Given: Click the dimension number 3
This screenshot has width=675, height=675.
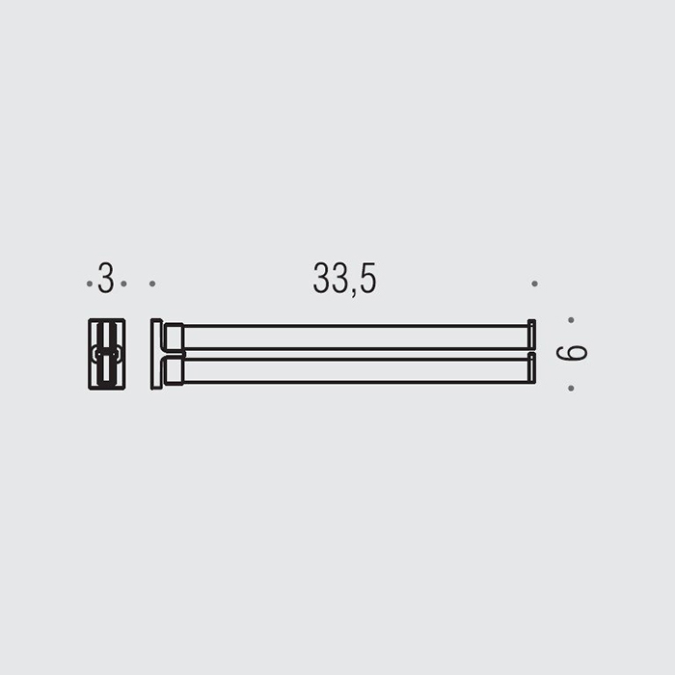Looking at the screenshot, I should coord(106,279).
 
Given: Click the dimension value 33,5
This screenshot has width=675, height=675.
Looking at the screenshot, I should coord(344,279).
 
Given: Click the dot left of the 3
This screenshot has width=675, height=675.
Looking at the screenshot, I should coord(90,283).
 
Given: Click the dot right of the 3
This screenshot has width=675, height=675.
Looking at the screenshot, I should coord(123,283).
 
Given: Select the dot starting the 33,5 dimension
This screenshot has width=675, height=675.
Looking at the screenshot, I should coord(152,283).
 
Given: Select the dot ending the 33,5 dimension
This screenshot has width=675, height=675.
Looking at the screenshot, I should coord(534,283).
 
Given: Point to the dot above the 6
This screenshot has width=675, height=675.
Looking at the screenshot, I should coord(571,319).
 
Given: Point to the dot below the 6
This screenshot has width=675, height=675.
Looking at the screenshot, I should coord(571,388).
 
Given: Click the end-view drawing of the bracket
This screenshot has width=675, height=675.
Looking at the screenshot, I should coord(107,354).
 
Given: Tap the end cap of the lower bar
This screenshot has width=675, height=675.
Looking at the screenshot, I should coord(530,368).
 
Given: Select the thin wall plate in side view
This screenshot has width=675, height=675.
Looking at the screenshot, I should coord(156,354).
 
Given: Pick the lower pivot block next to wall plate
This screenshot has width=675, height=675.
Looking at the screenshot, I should coord(174,370).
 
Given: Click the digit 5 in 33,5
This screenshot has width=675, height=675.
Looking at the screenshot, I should coord(366,279).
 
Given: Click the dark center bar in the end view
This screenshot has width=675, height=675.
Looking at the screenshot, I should coord(107,354).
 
